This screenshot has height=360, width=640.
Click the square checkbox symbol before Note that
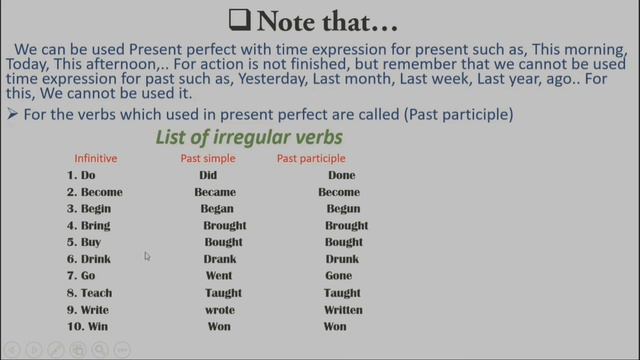[x=239, y=19]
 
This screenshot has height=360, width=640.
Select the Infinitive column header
[x=96, y=158]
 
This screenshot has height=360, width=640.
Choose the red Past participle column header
[x=311, y=158]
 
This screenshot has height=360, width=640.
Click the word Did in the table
[x=208, y=175]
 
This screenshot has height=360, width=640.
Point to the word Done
[x=341, y=175]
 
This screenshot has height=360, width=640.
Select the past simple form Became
[x=215, y=192]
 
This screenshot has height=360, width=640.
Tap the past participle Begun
[x=343, y=209]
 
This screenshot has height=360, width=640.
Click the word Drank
[x=219, y=259]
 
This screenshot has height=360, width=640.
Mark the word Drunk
[x=342, y=259]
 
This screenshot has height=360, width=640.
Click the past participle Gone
[x=339, y=276]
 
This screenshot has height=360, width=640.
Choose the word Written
[x=343, y=310]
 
